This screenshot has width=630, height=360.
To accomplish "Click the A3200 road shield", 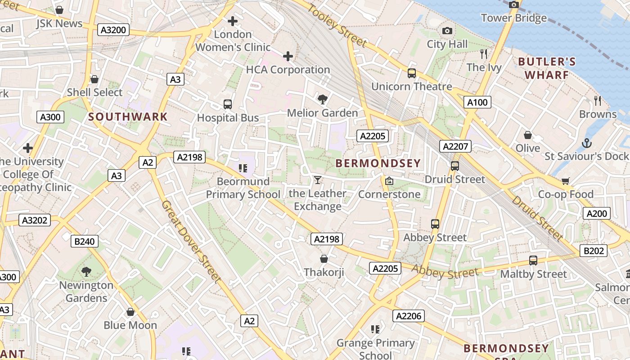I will pyautogui.click(x=114, y=30).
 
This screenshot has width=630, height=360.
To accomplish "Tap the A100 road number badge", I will pyautogui.click(x=477, y=102).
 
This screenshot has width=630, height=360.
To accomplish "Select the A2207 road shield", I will pyautogui.click(x=456, y=146).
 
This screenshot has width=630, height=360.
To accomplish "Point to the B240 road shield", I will pyautogui.click(x=84, y=241).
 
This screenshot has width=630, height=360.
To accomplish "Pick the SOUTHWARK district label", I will pyautogui.click(x=128, y=117).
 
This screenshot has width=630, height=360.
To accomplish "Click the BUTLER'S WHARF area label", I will pyautogui.click(x=546, y=68).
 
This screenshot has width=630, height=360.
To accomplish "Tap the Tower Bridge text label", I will pyautogui.click(x=513, y=18).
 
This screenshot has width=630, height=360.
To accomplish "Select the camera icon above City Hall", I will pyautogui.click(x=447, y=31).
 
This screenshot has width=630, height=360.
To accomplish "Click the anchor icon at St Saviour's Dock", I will pyautogui.click(x=586, y=143).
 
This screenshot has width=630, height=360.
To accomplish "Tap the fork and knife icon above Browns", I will pyautogui.click(x=598, y=100).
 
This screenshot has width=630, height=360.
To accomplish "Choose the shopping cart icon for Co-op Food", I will pyautogui.click(x=566, y=181).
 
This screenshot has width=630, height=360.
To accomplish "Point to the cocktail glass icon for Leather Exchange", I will pyautogui.click(x=318, y=180).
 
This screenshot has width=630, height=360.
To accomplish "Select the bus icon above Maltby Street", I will pyautogui.click(x=533, y=261).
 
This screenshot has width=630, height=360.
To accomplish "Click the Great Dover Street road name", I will pyautogui.click(x=192, y=242).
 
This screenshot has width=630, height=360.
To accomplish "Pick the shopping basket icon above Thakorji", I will pyautogui.click(x=324, y=259).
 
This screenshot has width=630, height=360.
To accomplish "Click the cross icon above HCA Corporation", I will pyautogui.click(x=288, y=56).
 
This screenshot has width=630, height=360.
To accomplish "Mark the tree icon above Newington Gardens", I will pyautogui.click(x=86, y=271).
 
